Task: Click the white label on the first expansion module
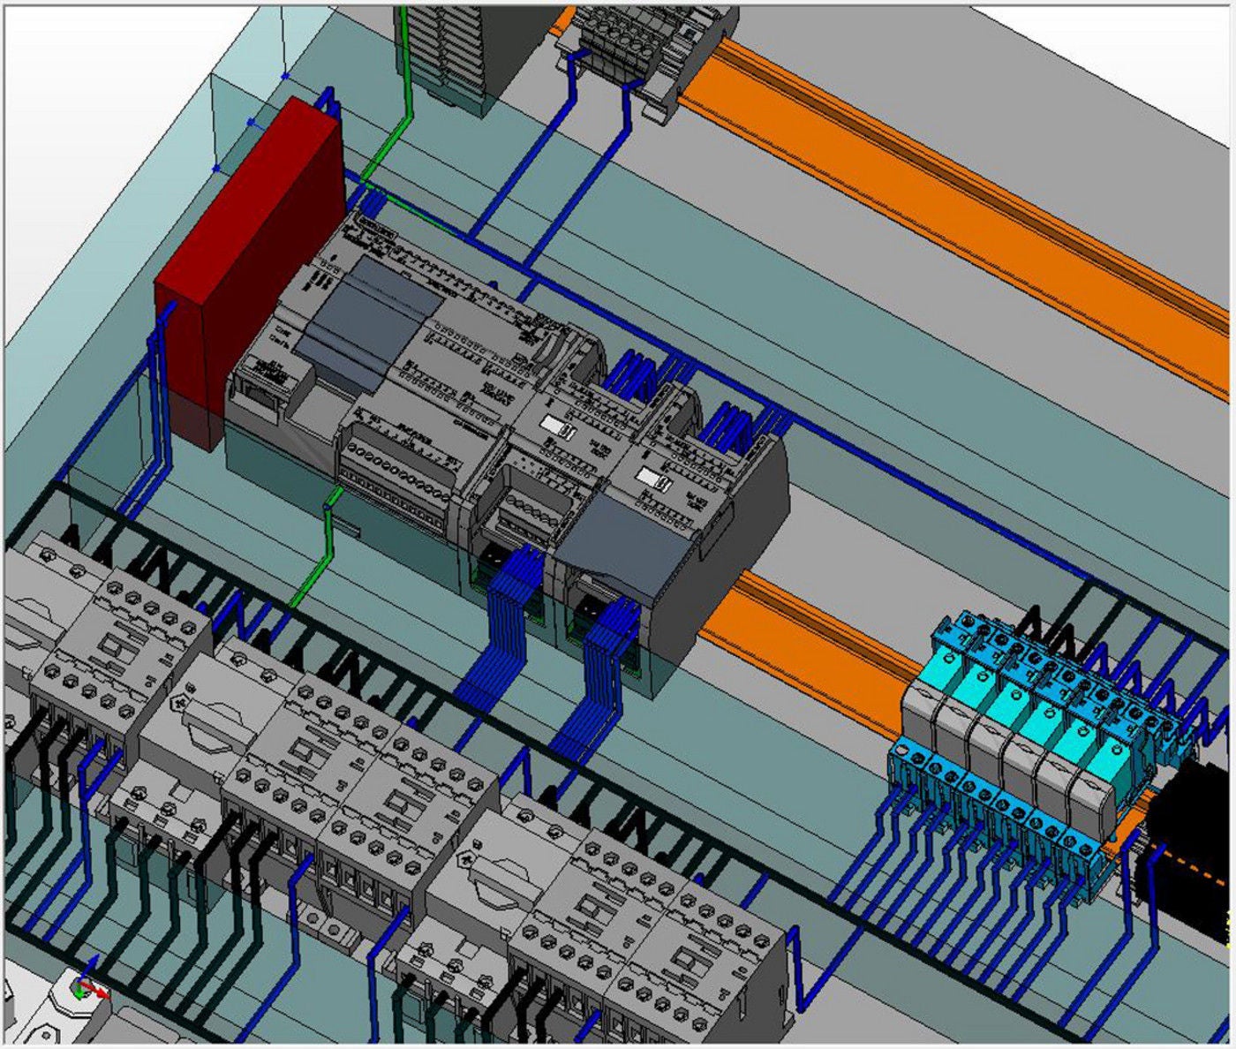559,427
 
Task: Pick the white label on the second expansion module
657,479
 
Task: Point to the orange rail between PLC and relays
795,636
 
